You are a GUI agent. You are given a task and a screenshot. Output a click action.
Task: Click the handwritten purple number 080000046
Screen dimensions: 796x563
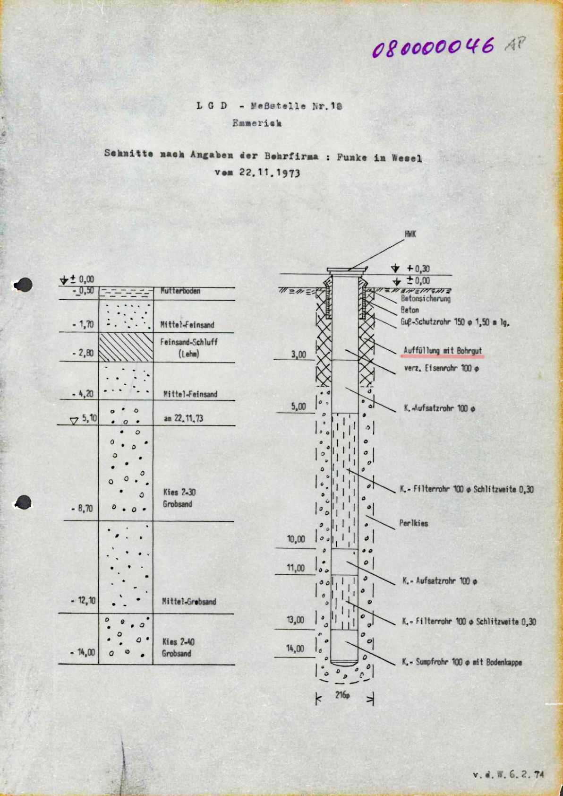[x=433, y=47]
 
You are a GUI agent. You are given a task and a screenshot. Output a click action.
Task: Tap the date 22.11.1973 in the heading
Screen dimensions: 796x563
[x=269, y=172]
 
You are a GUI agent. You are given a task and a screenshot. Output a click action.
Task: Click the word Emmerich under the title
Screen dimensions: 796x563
[x=257, y=123]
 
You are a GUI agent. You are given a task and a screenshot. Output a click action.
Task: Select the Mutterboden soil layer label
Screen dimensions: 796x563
[x=180, y=291]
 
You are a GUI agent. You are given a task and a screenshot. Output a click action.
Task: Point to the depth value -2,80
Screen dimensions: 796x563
[x=83, y=353]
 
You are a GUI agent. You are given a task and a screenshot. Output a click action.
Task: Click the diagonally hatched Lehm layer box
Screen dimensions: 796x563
[x=126, y=347]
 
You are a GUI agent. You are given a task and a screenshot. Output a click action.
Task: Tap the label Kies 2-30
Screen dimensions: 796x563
[x=179, y=492]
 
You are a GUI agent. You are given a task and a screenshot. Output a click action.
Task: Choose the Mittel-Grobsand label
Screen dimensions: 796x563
[x=189, y=602]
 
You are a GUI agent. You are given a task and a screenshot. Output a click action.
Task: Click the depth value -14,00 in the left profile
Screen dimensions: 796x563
[x=83, y=652]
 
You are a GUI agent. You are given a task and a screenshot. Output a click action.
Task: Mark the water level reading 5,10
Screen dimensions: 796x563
[x=89, y=418]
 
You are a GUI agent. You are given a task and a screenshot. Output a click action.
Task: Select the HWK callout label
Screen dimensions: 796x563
[x=410, y=234]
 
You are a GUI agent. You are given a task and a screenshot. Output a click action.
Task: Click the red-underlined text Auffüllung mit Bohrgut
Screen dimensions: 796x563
[x=443, y=351]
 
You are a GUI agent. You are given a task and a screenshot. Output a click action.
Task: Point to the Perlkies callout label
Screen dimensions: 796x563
[x=414, y=523]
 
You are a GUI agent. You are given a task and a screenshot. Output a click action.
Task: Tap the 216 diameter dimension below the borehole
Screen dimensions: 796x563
[x=342, y=695]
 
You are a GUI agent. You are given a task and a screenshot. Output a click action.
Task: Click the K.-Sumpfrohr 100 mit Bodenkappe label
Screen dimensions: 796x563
[x=462, y=662]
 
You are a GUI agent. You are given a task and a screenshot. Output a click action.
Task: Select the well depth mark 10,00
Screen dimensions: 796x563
[x=296, y=539]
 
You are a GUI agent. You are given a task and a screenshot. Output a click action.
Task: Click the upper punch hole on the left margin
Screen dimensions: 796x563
[x=23, y=285]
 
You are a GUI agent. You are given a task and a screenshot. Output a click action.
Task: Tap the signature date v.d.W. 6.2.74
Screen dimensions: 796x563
[x=508, y=775]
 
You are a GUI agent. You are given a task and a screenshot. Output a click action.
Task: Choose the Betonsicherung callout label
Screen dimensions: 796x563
[x=426, y=299]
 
